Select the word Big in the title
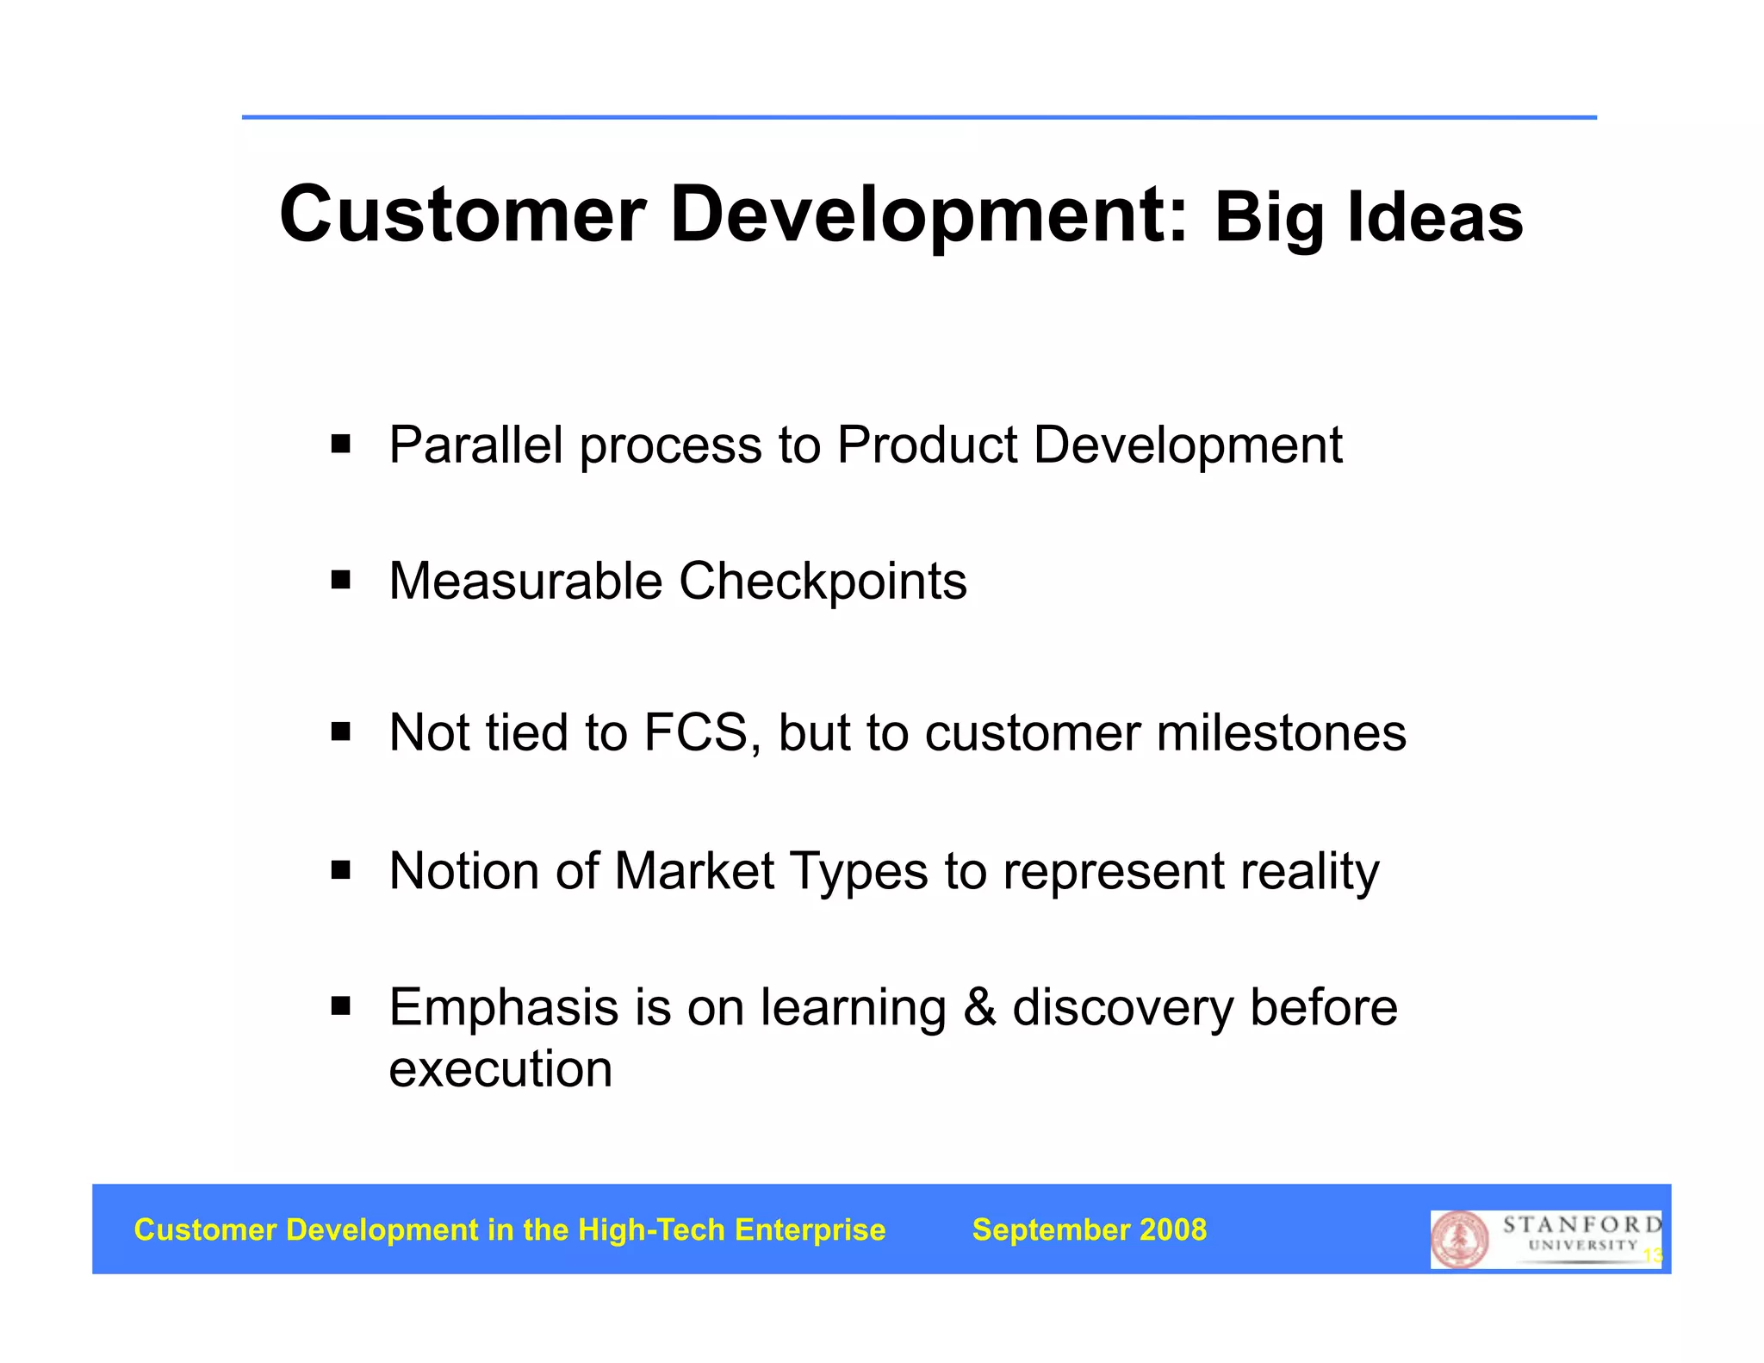pos(1270,219)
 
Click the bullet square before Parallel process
pos(341,445)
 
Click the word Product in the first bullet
pos(927,445)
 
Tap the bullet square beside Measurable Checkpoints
pos(341,580)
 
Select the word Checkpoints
pos(823,582)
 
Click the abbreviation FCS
pos(697,733)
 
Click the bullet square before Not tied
pos(341,733)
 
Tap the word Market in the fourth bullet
pos(693,870)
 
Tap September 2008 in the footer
pos(1089,1229)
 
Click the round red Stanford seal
pos(1459,1240)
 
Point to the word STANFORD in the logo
pos(1581,1224)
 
